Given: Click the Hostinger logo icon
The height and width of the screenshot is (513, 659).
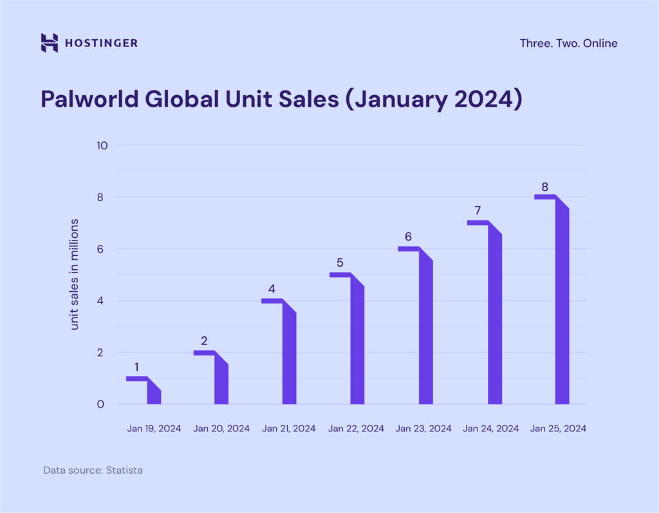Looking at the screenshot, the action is point(49,43).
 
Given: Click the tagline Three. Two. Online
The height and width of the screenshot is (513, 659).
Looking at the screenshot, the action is point(569,43).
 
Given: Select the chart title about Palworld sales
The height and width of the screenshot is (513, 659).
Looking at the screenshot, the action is point(282,99).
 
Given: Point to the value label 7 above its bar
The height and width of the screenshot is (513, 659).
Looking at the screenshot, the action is point(478,210).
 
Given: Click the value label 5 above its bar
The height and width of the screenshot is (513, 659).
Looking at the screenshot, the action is point(340,263).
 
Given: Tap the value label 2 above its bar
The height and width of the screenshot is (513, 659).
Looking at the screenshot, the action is point(204,341).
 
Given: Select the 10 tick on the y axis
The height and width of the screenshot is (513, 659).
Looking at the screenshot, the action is point(102,146).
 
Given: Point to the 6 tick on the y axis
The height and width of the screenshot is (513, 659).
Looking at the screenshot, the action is point(100,249).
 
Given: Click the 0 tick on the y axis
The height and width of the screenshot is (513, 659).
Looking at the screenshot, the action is point(100,404).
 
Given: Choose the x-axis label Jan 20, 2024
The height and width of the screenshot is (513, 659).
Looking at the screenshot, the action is point(221,429).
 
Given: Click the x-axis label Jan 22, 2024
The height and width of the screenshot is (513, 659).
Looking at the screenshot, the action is point(356,429).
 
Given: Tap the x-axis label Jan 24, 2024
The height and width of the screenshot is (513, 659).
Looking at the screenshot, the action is point(491,429).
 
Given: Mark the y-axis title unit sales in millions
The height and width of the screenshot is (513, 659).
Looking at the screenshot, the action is point(74,274).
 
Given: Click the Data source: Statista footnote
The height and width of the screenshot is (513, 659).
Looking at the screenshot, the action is point(93,470).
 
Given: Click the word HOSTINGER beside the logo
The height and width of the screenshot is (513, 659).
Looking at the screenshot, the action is point(101,43).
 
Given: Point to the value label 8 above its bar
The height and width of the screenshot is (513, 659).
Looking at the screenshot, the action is point(544,187).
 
